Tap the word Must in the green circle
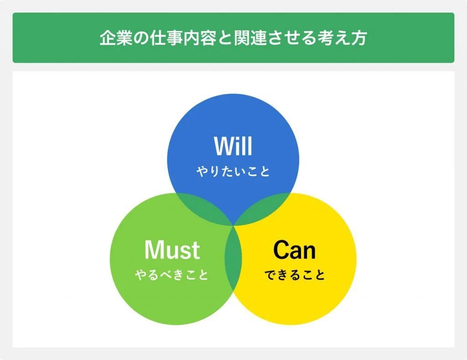coord(172,250)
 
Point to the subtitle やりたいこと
coord(233,172)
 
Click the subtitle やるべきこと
coord(171,275)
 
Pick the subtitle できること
coord(295,275)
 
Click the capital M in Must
coord(154,250)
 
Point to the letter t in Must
coord(196,250)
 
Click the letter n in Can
coord(310,252)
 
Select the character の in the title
coord(141,38)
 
